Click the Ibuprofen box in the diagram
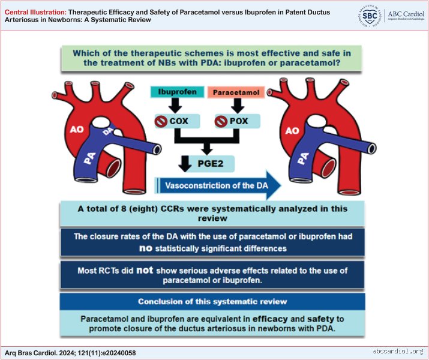[x=177, y=92]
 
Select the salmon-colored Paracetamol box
[x=236, y=92]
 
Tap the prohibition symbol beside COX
[x=161, y=121]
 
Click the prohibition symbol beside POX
[x=221, y=121]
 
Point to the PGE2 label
[x=211, y=164]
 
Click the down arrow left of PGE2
[x=185, y=164]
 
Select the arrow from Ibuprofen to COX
[x=175, y=106]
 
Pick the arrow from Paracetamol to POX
[x=238, y=106]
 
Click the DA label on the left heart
[x=109, y=131]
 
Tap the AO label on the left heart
[x=77, y=129]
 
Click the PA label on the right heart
[x=303, y=158]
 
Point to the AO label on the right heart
[x=292, y=131]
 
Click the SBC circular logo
[x=370, y=16]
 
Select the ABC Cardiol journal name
[x=406, y=14]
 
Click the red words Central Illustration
[x=35, y=12]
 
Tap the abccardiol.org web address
[x=398, y=351]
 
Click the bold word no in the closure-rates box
[x=146, y=248]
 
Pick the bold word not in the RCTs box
[x=145, y=270]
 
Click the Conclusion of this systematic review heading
[x=212, y=301]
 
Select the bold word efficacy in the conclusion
[x=270, y=319]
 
